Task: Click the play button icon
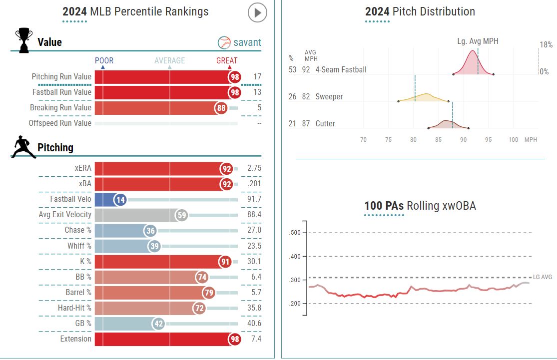(258, 13)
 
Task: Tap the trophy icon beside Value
(23, 40)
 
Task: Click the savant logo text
(240, 42)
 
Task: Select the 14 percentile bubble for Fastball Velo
(120, 199)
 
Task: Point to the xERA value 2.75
(254, 168)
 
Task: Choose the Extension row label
(76, 339)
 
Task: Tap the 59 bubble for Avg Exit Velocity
(182, 215)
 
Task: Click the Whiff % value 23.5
(254, 246)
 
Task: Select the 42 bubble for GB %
(159, 324)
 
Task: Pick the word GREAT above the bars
(227, 60)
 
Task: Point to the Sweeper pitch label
(329, 96)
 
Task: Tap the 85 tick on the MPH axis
(438, 140)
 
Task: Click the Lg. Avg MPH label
(478, 41)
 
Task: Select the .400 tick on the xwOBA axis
(295, 256)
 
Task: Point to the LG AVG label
(543, 277)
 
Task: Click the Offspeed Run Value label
(60, 123)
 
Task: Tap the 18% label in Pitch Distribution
(546, 45)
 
